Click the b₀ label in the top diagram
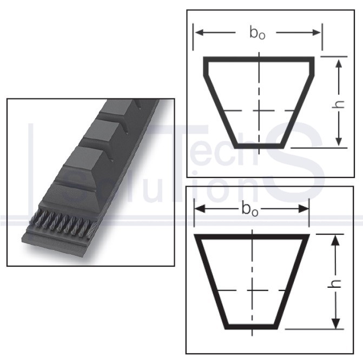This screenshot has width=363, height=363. (257, 32)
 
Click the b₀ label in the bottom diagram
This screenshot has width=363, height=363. (250, 209)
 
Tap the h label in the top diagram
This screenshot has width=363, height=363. (338, 104)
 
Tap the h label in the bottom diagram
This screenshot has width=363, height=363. (335, 284)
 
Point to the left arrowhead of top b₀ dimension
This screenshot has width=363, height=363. (200, 32)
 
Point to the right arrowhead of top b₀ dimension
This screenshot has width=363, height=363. (316, 32)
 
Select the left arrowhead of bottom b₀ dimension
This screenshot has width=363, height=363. (200, 209)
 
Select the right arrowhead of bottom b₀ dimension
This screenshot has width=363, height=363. (303, 209)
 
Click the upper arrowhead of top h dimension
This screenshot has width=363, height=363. (339, 63)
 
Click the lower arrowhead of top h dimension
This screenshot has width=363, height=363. (339, 141)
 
